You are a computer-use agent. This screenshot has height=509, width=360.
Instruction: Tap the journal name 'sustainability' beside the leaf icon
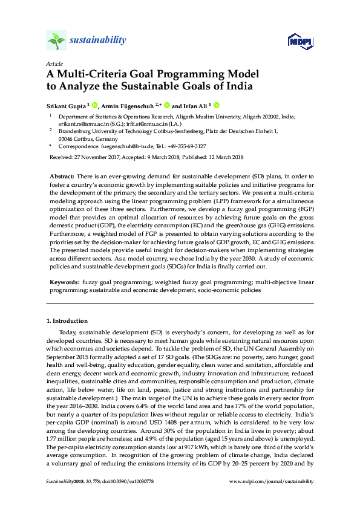[98, 41]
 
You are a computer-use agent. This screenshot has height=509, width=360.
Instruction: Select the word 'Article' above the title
[54, 63]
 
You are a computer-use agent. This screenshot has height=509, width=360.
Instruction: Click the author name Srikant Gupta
[67, 104]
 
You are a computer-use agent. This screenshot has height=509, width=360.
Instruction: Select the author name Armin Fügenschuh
[130, 104]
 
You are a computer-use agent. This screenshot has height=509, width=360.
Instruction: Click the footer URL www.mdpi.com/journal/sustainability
[272, 481]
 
